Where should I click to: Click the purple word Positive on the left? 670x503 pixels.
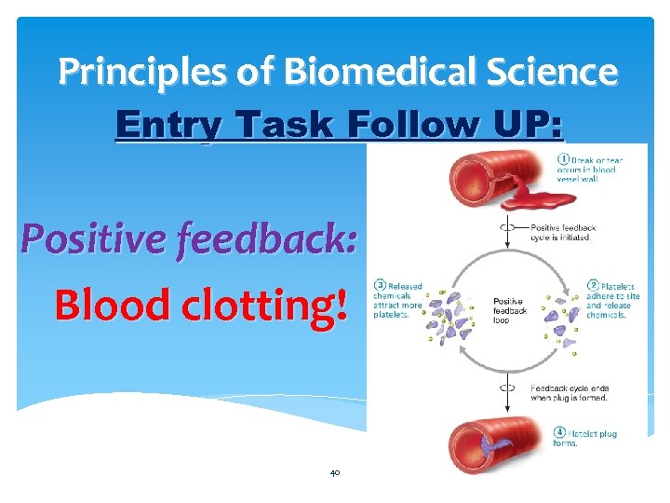(x=88, y=240)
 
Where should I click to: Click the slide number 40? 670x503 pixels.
(x=335, y=472)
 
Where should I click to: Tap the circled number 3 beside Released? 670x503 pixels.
(x=380, y=285)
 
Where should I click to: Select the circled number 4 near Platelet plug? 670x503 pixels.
(x=559, y=432)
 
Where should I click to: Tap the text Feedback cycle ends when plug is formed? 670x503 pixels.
(x=569, y=392)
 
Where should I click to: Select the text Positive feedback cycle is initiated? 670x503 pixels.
(x=564, y=232)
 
